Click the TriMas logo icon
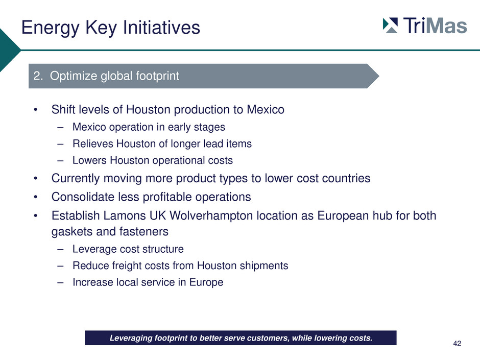click(x=390, y=26)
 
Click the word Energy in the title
click(x=51, y=28)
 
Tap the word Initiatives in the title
click(x=161, y=27)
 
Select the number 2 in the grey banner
click(x=37, y=76)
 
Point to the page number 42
click(x=457, y=344)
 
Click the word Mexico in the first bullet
click(x=266, y=110)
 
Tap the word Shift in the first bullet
click(x=63, y=110)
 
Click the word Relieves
click(x=93, y=143)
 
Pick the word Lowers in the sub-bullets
click(x=89, y=160)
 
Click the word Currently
click(x=76, y=179)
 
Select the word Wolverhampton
click(x=211, y=216)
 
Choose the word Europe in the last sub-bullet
click(x=206, y=282)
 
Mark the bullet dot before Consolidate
click(x=36, y=197)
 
